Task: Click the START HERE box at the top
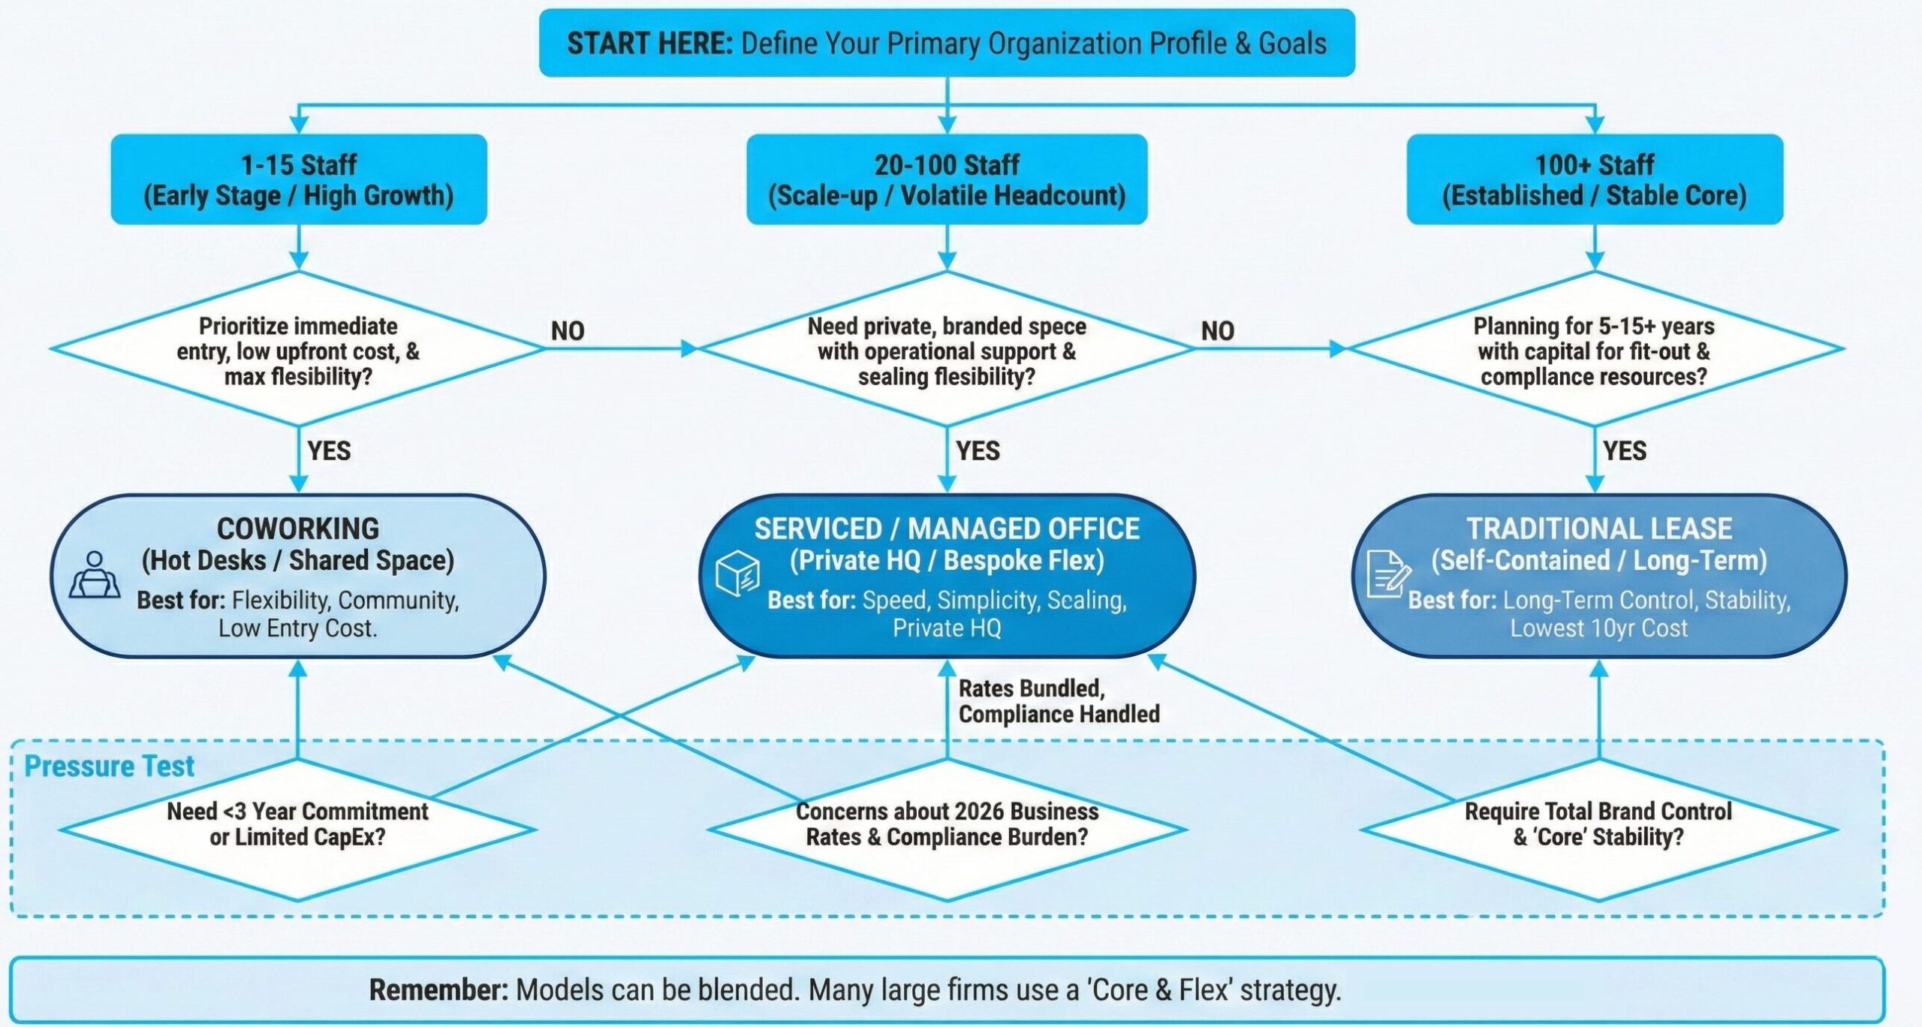point(947,43)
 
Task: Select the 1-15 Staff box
point(299,179)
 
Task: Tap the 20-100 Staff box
point(947,179)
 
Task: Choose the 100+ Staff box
point(1594,179)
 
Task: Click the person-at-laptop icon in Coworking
point(95,575)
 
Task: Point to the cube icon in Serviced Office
point(737,574)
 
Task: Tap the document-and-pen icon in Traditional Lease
point(1387,574)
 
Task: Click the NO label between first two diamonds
point(568,331)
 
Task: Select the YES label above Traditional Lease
point(1625,450)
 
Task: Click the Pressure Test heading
point(110,766)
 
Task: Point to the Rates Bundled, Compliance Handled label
point(1058,701)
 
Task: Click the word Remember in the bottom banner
point(438,989)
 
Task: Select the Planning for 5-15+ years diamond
point(1594,350)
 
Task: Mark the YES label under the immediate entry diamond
point(329,450)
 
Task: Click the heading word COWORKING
point(298,529)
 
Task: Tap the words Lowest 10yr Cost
point(1598,628)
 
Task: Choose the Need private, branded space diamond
point(947,350)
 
